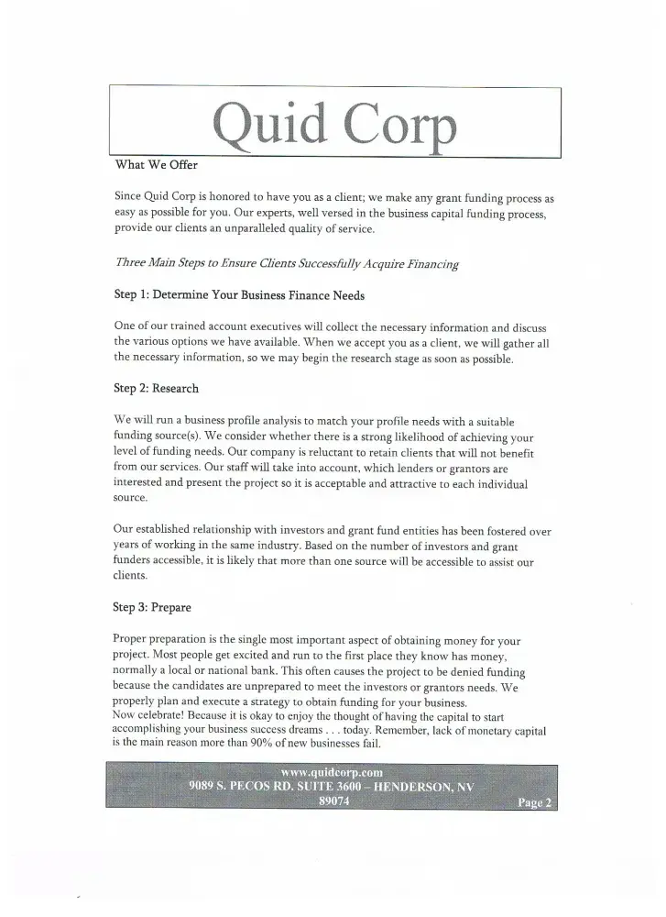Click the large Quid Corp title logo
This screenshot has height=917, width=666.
click(x=333, y=124)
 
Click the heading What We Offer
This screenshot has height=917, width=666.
click(x=156, y=166)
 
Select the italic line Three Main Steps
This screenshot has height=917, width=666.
click(x=286, y=264)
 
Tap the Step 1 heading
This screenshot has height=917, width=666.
click(x=239, y=295)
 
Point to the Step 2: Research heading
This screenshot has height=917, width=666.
click(x=156, y=388)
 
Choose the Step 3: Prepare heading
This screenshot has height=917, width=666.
click(x=152, y=607)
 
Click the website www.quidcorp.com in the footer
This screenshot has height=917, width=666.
click(x=331, y=772)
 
